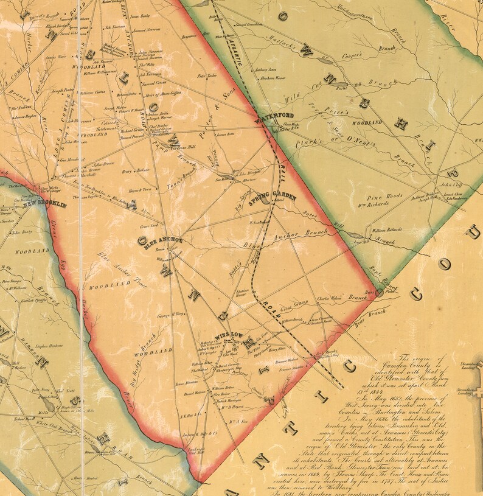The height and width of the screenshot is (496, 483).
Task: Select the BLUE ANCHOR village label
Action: tap(159, 240)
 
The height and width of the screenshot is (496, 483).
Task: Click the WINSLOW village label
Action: tap(229, 334)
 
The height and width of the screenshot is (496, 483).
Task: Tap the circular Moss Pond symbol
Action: tap(379, 293)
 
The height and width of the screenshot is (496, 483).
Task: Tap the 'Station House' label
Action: tap(241, 293)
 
